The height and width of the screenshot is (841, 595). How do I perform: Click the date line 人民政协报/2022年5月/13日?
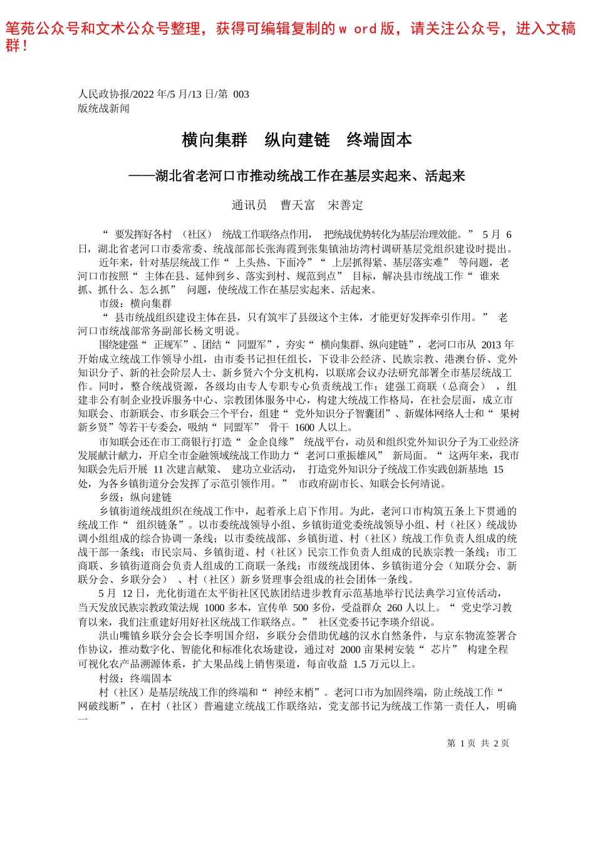click(x=163, y=94)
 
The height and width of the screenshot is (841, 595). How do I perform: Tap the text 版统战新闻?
click(x=103, y=108)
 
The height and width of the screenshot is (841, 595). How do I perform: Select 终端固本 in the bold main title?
click(x=379, y=140)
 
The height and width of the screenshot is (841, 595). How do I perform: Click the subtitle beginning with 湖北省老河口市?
click(x=309, y=176)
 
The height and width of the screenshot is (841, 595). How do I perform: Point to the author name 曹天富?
click(x=297, y=205)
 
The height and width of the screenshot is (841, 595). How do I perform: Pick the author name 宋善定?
click(x=345, y=205)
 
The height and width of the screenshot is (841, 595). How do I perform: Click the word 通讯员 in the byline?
click(x=249, y=205)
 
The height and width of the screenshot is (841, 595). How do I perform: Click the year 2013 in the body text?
click(x=491, y=345)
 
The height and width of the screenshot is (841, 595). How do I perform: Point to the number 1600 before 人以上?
click(x=304, y=427)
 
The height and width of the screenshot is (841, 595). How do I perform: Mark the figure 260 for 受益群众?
click(x=395, y=608)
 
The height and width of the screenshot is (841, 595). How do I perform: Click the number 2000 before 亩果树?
click(x=350, y=650)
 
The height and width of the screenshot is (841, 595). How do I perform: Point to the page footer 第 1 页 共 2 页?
click(x=478, y=743)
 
